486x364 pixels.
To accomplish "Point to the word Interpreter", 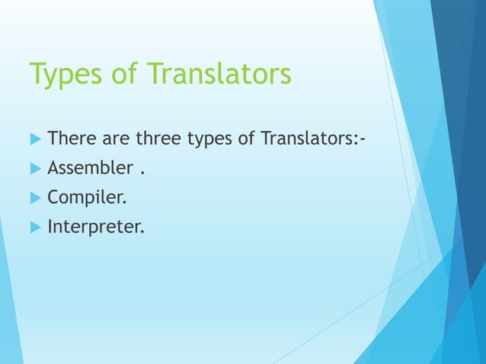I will (x=94, y=226).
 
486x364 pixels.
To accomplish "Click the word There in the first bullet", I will (x=71, y=139).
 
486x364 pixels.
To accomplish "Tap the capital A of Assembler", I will (x=53, y=168).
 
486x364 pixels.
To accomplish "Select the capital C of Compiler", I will (x=53, y=197).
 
